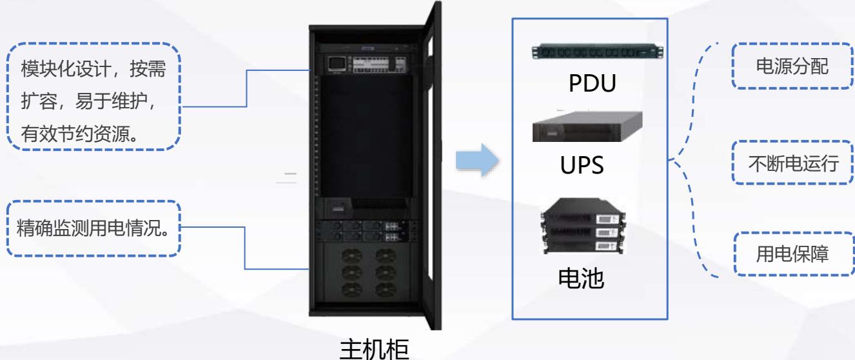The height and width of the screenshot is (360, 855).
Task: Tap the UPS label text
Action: [x=582, y=164]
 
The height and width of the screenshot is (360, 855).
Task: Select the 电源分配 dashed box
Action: [x=792, y=66]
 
